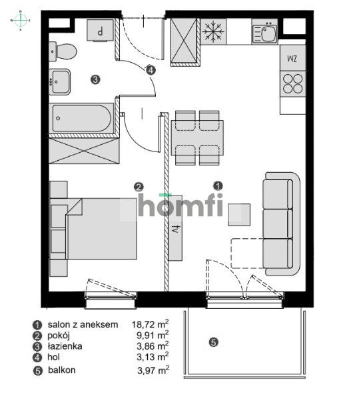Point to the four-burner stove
(x=292, y=82)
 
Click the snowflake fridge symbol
(x=213, y=31)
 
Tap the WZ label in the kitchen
(x=292, y=58)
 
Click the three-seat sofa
(x=279, y=224)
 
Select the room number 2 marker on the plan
(x=139, y=187)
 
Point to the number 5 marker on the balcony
(x=213, y=343)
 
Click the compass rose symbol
(x=21, y=21)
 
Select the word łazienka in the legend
(x=65, y=346)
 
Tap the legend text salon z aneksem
(x=83, y=324)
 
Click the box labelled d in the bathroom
(x=101, y=31)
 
